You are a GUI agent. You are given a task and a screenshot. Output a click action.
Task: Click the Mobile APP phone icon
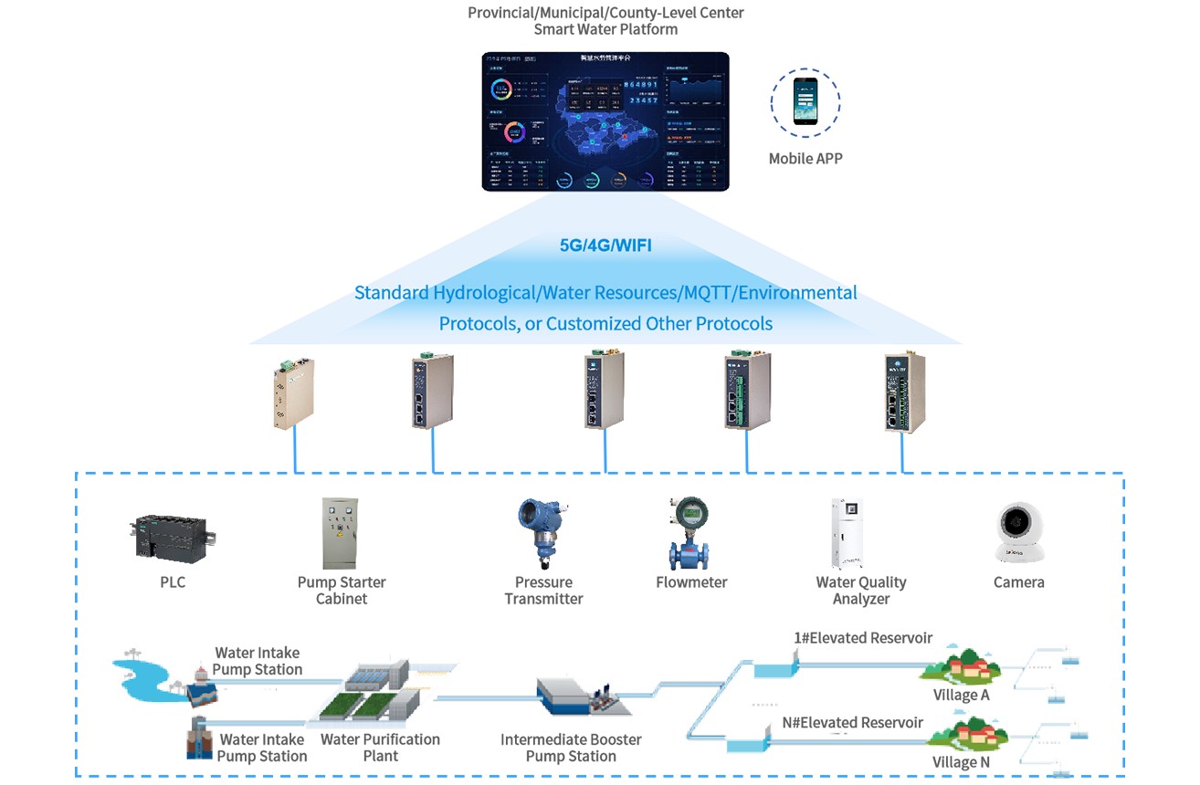coord(805,101)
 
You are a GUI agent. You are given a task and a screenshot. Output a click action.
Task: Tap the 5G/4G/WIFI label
coord(605,246)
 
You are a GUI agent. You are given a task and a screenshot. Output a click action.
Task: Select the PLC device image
coord(174,538)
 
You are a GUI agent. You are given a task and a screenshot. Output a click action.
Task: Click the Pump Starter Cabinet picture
coord(341,533)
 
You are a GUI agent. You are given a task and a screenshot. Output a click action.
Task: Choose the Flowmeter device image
coord(689,533)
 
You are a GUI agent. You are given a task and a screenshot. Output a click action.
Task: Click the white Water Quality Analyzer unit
coord(847,533)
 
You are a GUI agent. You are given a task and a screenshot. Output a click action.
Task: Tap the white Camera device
coord(1018,533)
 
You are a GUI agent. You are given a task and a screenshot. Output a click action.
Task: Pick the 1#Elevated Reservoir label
coord(863,638)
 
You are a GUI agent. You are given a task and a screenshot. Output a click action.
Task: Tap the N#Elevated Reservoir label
coord(853,723)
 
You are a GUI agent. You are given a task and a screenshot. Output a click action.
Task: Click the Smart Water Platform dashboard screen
coord(605,121)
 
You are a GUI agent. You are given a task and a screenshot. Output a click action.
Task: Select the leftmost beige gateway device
coord(294,394)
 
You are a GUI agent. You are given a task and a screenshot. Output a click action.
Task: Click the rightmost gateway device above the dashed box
coord(904,392)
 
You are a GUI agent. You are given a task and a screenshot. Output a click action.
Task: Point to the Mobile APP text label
coord(805,159)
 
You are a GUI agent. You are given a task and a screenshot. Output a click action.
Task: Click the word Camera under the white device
coord(1018,582)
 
